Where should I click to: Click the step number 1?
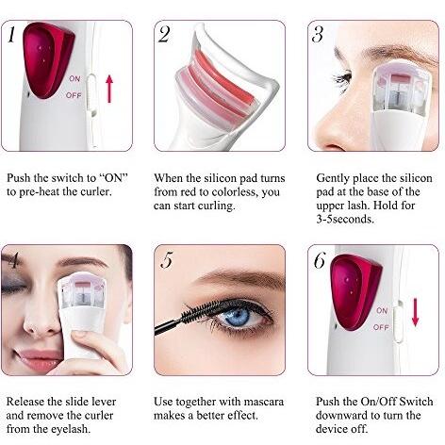11,34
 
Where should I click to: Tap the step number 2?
164,34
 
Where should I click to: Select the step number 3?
318,34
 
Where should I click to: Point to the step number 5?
167,259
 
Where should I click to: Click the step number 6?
320,260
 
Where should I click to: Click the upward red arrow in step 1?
109,89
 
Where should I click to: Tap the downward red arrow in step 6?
416,312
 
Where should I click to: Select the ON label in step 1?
74,78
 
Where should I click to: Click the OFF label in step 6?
381,327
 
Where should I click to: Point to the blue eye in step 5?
238,316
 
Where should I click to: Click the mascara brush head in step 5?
198,308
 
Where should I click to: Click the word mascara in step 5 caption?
263,402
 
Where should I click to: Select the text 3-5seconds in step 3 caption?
345,219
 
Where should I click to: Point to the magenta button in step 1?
48,58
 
